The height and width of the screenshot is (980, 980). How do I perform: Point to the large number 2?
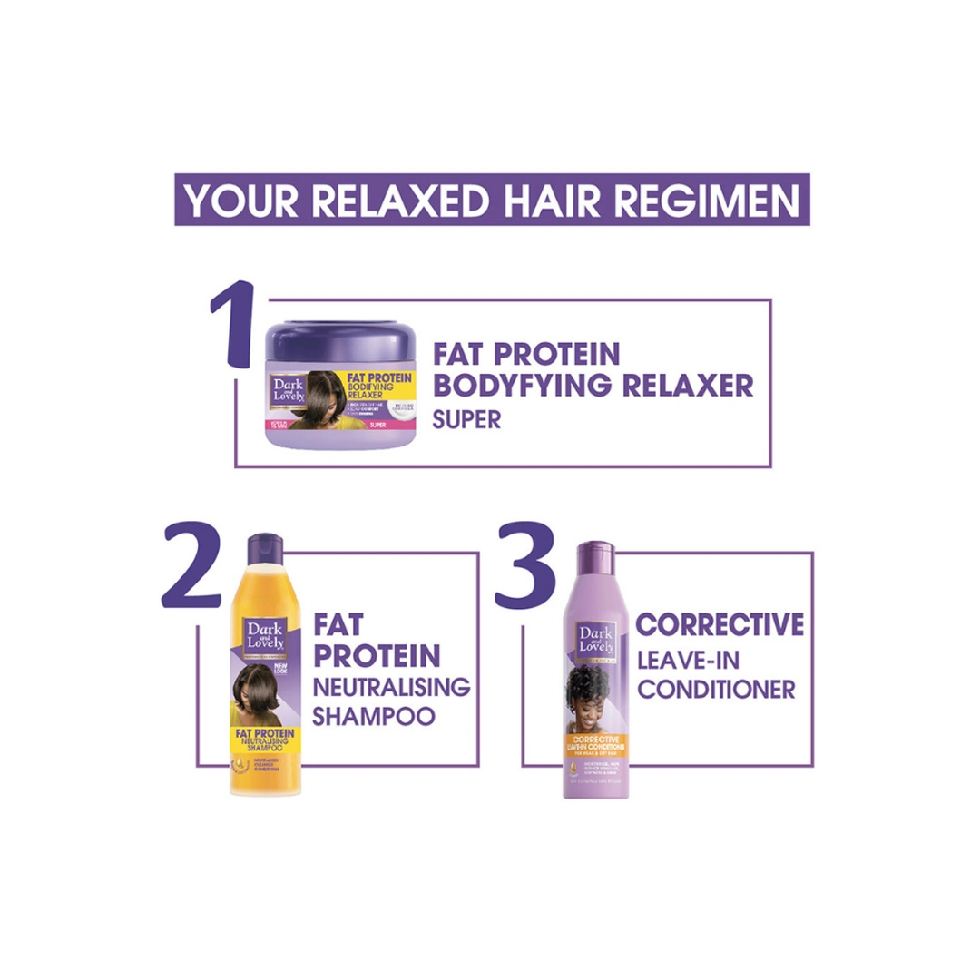192,570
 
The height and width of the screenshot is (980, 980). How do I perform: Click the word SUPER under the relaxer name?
466,421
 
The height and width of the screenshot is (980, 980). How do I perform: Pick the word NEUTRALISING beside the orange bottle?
391,686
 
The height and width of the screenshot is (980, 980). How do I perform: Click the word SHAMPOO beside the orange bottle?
373,717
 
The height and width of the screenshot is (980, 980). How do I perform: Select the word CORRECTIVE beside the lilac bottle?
720,625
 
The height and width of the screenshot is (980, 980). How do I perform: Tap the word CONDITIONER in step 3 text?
716,690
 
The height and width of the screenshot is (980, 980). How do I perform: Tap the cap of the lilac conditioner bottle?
596,554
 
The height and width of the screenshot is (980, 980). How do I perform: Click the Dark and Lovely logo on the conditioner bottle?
596,639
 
